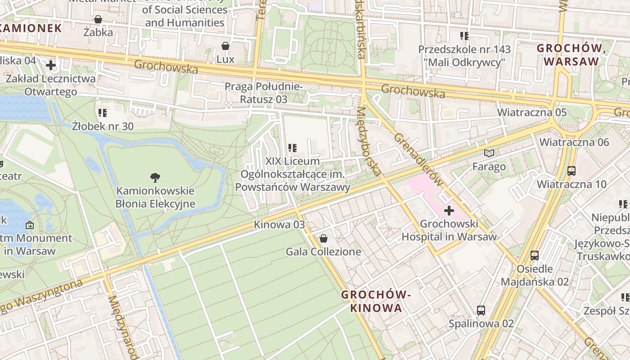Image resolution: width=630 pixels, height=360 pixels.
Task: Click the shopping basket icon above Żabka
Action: pyautogui.click(x=98, y=19)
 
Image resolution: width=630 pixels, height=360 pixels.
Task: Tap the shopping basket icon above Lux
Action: pyautogui.click(x=225, y=46)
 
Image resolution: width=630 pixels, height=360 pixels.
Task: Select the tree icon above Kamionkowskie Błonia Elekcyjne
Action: pyautogui.click(x=155, y=178)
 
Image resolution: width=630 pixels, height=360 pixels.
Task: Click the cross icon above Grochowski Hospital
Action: pyautogui.click(x=449, y=210)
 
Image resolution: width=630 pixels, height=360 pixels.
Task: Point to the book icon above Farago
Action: pyautogui.click(x=489, y=153)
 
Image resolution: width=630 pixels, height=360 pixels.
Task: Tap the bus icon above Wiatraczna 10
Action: pyautogui.click(x=571, y=171)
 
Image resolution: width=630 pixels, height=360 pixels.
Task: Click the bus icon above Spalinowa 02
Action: pyautogui.click(x=481, y=310)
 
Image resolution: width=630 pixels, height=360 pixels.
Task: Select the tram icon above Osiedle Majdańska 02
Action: pyautogui.click(x=535, y=255)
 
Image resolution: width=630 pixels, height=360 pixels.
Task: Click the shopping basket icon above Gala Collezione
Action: pyautogui.click(x=323, y=238)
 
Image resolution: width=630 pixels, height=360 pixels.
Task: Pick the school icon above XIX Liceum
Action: pyautogui.click(x=292, y=148)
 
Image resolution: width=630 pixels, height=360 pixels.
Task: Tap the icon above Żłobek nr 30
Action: pyautogui.click(x=103, y=112)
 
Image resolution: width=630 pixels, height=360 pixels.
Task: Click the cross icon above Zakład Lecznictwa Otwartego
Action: pyautogui.click(x=51, y=65)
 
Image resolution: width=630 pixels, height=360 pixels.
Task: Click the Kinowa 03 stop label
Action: pyautogui.click(x=279, y=224)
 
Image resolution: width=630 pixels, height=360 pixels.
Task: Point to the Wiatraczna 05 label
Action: pyautogui.click(x=525, y=112)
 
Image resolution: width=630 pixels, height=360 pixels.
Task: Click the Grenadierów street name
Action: pyautogui.click(x=418, y=160)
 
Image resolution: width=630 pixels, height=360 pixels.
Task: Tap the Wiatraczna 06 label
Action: pyautogui.click(x=574, y=142)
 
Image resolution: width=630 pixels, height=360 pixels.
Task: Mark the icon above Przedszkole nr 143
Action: pyautogui.click(x=464, y=36)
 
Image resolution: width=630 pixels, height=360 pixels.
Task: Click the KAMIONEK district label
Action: pyautogui.click(x=31, y=28)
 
